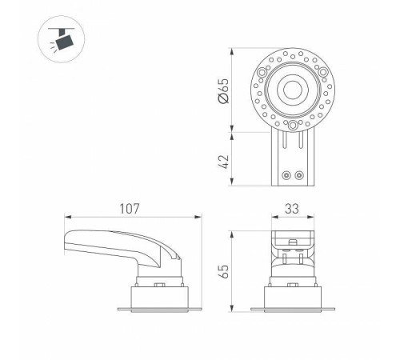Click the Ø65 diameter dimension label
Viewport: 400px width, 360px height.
coord(223,90)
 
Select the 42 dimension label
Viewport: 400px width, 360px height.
coord(223,162)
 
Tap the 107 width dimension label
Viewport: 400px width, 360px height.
coord(130,209)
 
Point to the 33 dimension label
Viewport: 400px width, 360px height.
coord(292,209)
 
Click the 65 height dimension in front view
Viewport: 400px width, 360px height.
coord(223,271)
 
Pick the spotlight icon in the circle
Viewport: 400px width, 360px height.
coord(61,39)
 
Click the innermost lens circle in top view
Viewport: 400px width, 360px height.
coord(293,90)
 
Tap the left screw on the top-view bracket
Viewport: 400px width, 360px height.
coord(286,175)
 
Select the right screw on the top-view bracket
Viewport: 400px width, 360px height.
coord(299,175)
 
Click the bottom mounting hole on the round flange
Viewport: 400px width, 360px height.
coord(293,125)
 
